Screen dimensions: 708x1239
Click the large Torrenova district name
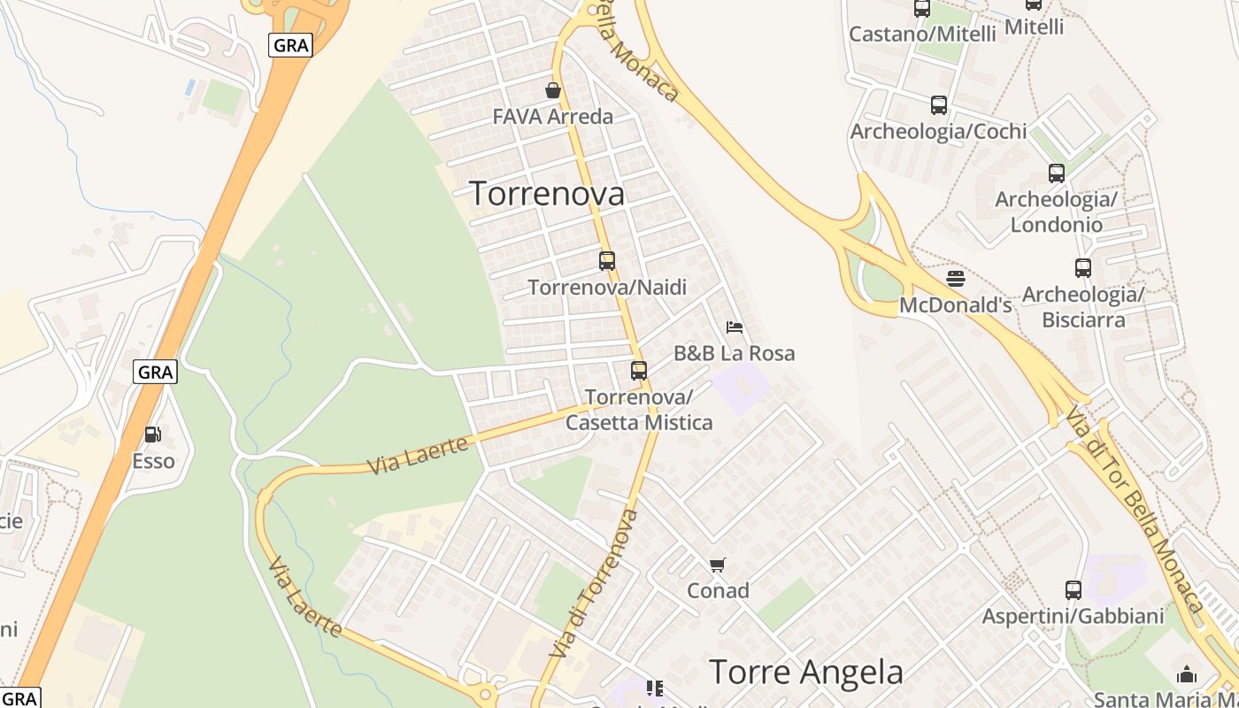547,194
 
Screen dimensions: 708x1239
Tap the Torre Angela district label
805,673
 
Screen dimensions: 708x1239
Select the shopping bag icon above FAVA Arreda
553,90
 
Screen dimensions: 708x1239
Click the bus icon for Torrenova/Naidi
606,261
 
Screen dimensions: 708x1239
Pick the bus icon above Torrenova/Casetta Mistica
638,371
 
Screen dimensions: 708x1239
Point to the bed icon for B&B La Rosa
734,327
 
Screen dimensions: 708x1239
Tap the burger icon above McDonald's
955,279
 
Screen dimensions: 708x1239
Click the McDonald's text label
955,305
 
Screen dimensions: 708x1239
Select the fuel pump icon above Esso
153,435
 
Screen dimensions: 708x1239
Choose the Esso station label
153,461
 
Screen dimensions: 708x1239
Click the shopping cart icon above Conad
718,565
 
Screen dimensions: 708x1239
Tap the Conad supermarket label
718,590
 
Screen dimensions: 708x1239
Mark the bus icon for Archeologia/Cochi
939,105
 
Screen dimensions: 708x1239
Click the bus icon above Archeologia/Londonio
1056,173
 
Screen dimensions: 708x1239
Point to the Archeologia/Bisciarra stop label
1083,306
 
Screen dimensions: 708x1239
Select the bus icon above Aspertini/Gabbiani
1073,589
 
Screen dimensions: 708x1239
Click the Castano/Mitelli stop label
921,34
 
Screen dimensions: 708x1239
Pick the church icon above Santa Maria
1187,674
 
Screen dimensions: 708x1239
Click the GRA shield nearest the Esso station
156,373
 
